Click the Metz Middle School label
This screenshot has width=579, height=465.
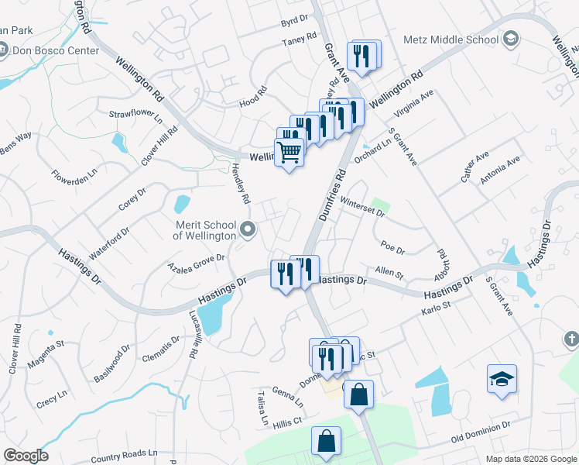click(451, 40)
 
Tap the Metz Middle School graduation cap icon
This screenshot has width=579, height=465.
click(511, 39)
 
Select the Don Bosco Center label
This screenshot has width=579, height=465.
click(55, 51)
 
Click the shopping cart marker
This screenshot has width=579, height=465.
click(289, 152)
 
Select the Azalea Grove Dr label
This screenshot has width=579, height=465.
click(197, 262)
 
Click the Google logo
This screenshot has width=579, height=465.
click(26, 456)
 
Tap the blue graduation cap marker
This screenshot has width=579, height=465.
click(502, 379)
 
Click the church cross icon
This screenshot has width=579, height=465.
click(571, 339)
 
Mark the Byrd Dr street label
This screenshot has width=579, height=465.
click(295, 21)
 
